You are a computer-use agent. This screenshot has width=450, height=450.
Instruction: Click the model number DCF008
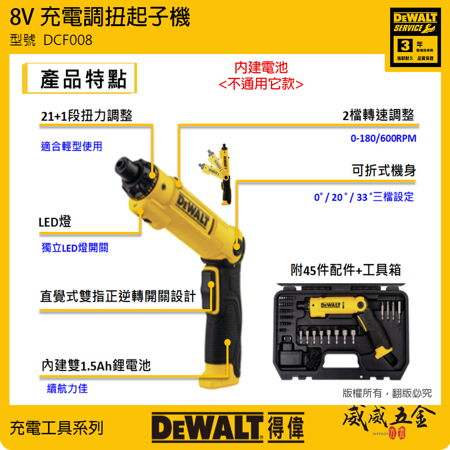(68, 40)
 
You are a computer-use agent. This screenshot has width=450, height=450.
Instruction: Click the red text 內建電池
(261, 68)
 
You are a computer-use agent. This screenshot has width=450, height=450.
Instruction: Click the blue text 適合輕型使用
(72, 146)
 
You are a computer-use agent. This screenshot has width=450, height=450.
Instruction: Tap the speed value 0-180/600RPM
(383, 139)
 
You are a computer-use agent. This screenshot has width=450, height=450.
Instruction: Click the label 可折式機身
(384, 171)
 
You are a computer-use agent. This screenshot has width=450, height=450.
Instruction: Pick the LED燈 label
(55, 222)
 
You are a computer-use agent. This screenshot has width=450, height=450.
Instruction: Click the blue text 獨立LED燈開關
(75, 248)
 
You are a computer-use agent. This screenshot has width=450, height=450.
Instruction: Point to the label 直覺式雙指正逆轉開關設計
(118, 296)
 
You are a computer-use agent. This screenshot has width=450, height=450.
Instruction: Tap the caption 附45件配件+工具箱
(346, 270)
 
